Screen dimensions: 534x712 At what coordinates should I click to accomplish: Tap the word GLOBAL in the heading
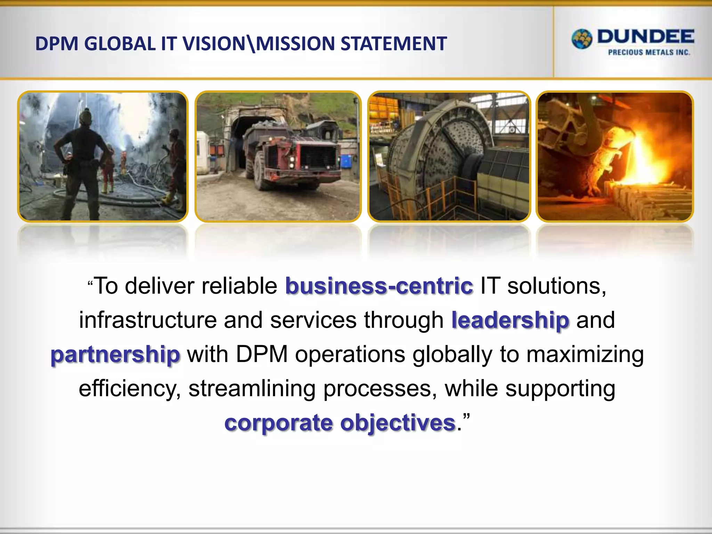click(x=120, y=44)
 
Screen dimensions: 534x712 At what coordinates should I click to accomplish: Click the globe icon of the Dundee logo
click(x=582, y=39)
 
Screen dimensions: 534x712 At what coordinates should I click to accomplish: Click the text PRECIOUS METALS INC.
click(x=649, y=52)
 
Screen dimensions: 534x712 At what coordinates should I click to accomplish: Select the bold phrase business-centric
click(x=379, y=286)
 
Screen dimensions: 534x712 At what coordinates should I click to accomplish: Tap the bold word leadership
click(x=510, y=320)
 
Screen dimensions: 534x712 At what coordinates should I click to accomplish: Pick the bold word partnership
click(x=115, y=355)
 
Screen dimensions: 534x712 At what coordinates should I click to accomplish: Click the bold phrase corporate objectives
click(x=340, y=423)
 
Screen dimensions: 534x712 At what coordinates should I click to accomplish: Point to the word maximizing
click(x=585, y=355)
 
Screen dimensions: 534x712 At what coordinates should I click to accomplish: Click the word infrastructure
click(x=148, y=320)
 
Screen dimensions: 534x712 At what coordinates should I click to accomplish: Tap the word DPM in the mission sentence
click(x=262, y=355)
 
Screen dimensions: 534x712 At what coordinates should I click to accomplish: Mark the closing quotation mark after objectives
click(x=467, y=417)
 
